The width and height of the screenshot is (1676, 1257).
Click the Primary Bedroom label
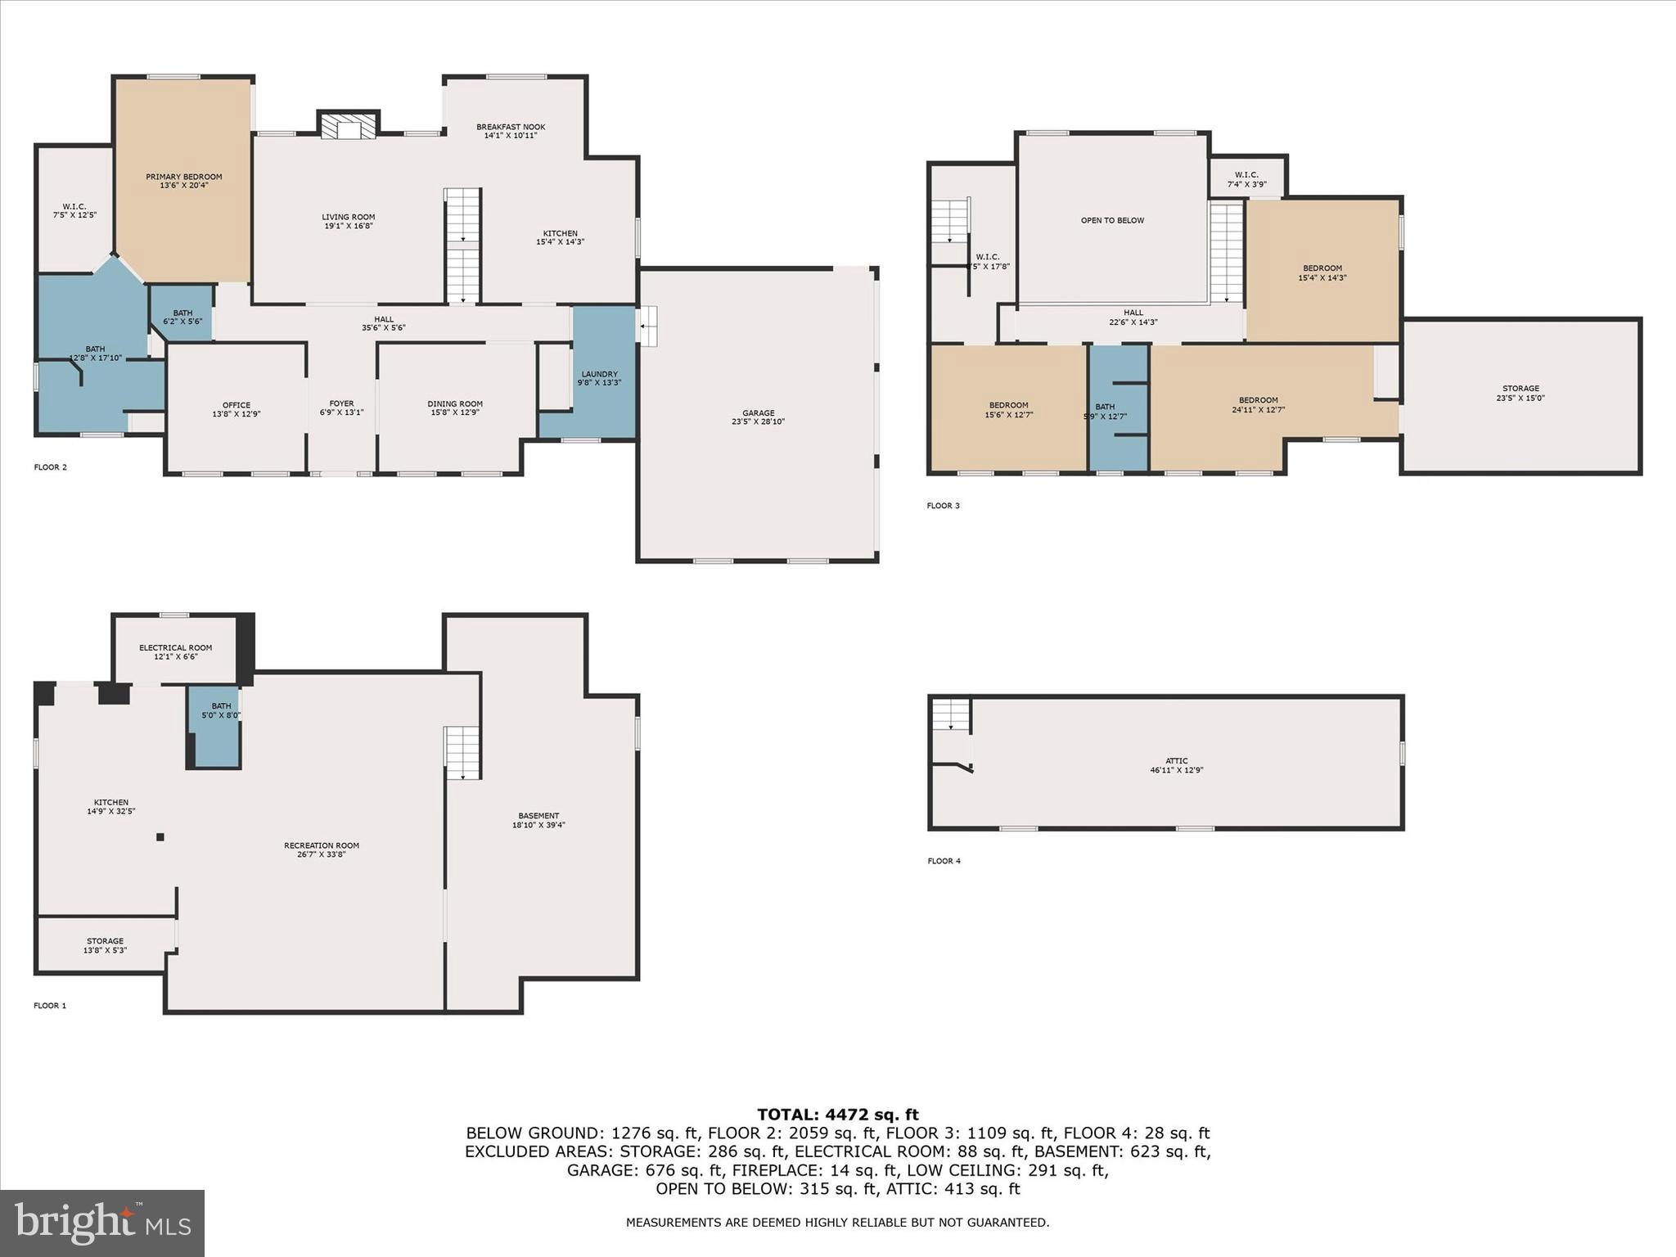click(x=183, y=177)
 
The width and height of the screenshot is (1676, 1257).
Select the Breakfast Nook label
click(x=511, y=127)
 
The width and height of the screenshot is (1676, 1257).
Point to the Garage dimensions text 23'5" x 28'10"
click(x=758, y=422)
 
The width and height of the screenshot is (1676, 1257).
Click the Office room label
click(x=237, y=405)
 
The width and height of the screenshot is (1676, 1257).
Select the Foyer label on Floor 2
click(x=341, y=403)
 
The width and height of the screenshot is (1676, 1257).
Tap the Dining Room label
click(x=455, y=403)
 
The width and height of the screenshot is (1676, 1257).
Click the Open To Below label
click(x=1112, y=220)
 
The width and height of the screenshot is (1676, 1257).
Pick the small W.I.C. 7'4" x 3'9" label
click(x=1246, y=175)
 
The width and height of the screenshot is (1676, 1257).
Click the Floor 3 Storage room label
click(x=1521, y=389)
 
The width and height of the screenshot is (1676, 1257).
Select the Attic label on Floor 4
click(x=1176, y=761)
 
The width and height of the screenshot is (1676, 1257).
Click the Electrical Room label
click(x=175, y=648)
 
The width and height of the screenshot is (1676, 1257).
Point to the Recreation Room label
click(x=321, y=845)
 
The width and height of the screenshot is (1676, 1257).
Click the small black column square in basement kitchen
click(x=160, y=836)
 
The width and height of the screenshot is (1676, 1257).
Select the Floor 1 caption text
click(x=50, y=1006)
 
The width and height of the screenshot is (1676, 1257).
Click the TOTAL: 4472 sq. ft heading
click(x=837, y=1115)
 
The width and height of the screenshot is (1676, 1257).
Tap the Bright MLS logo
click(x=102, y=1223)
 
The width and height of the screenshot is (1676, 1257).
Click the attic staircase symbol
click(x=950, y=715)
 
